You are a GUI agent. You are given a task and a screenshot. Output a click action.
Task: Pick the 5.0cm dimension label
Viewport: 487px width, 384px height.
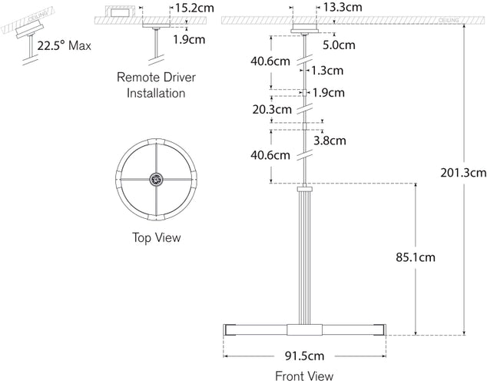[x=339, y=45]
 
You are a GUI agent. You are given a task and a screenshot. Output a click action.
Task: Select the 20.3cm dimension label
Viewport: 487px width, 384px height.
[x=271, y=109]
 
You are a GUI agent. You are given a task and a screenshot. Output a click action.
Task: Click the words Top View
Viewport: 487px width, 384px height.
[x=156, y=237]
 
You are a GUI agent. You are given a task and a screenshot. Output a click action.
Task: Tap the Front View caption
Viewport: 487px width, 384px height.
[x=304, y=376]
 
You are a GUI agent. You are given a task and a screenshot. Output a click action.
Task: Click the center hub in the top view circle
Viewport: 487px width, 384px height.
[x=157, y=180]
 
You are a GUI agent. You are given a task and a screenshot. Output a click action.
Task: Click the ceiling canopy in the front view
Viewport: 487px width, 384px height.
[x=304, y=29]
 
